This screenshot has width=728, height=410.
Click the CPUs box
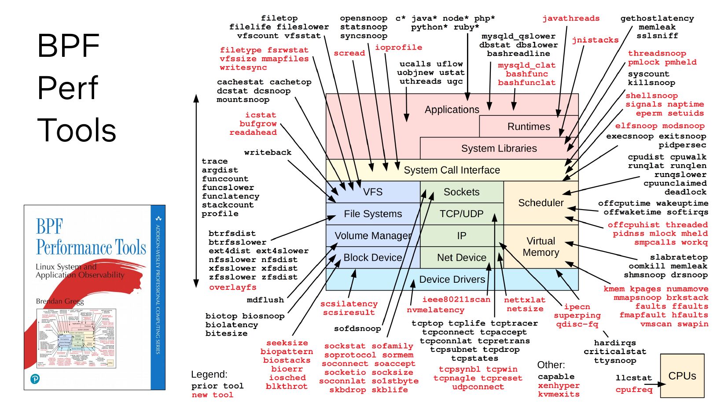click(682, 376)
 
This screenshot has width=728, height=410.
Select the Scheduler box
click(540, 203)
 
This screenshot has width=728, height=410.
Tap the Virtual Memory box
click(540, 247)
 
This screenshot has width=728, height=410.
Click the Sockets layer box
click(461, 192)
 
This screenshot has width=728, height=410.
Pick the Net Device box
click(461, 258)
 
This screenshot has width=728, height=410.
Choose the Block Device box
click(372, 258)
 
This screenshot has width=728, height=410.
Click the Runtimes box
click(528, 127)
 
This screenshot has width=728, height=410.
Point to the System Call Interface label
click(452, 170)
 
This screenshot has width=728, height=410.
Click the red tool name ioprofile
click(398, 48)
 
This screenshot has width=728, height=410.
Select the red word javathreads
click(570, 18)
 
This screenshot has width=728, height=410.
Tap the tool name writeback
click(268, 152)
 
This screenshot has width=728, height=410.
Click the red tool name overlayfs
click(232, 287)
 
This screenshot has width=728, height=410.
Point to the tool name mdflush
click(265, 300)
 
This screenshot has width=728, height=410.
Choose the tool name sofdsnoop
click(357, 329)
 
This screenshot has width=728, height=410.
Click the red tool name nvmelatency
click(435, 310)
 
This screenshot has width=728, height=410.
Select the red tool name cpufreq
click(633, 389)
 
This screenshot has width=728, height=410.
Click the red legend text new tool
click(212, 395)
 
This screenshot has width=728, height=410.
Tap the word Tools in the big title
click(77, 130)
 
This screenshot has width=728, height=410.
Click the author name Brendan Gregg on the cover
click(59, 302)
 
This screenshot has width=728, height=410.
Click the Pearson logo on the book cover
click(35, 379)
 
